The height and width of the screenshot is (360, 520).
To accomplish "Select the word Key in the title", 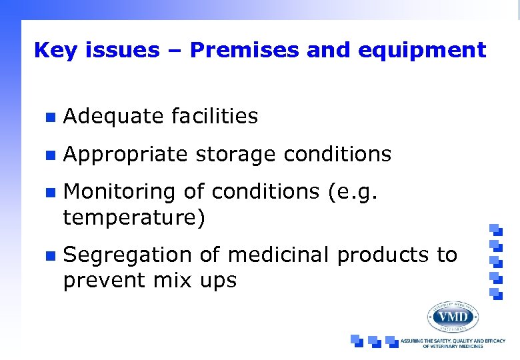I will click(53, 50).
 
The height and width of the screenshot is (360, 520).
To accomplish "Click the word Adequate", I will click(114, 117).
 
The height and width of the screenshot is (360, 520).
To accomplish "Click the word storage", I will click(236, 155).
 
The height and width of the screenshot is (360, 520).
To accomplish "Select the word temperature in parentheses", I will click(132, 217).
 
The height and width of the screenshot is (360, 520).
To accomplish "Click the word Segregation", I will click(126, 255).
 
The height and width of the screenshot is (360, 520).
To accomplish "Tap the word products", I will click(384, 255).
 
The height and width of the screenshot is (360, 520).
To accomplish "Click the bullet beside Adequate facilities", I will click(48, 118).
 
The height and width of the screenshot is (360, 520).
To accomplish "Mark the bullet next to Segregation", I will click(48, 255).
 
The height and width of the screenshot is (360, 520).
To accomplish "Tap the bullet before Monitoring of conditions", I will click(48, 193).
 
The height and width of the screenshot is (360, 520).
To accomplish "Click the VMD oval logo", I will click(453, 317).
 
